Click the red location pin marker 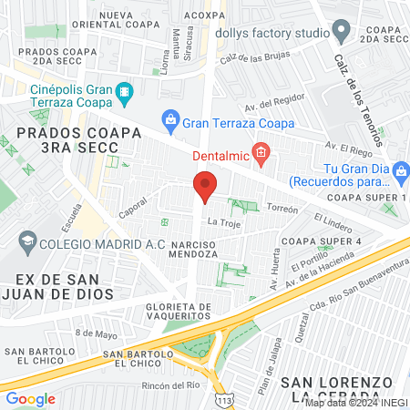pos(205,189)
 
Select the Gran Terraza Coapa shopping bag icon pos(169,118)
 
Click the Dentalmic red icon pos(261,152)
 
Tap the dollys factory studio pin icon pos(342,33)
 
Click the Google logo pos(30,398)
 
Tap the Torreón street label pos(283,208)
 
